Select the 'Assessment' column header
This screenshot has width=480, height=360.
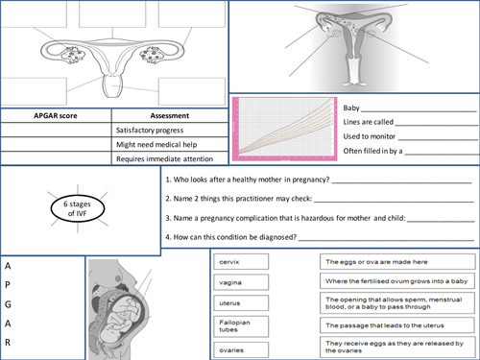[168, 116]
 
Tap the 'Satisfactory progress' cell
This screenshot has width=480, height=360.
[155, 131]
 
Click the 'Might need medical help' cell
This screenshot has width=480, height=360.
[158, 144]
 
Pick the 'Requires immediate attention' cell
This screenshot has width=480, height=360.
[164, 158]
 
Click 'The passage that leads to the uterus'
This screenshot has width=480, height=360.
[396, 328]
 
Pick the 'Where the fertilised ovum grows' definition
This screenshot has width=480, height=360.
[396, 281]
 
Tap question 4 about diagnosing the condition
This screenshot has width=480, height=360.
[230, 236]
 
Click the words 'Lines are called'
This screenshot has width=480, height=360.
[367, 122]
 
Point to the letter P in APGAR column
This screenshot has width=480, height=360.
[8, 283]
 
